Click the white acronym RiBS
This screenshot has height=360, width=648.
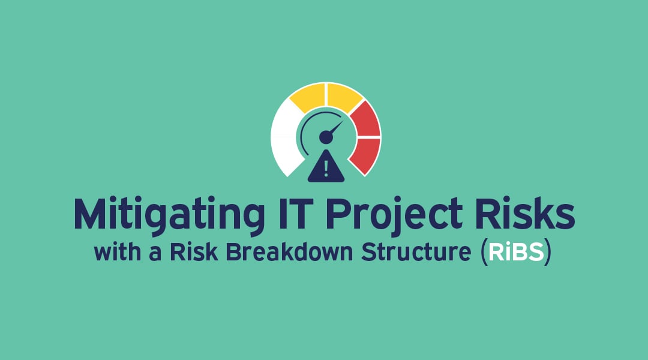(515, 253)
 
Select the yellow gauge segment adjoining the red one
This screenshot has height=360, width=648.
(344, 95)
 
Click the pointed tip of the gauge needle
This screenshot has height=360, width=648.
(343, 122)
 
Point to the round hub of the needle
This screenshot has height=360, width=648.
(326, 138)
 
